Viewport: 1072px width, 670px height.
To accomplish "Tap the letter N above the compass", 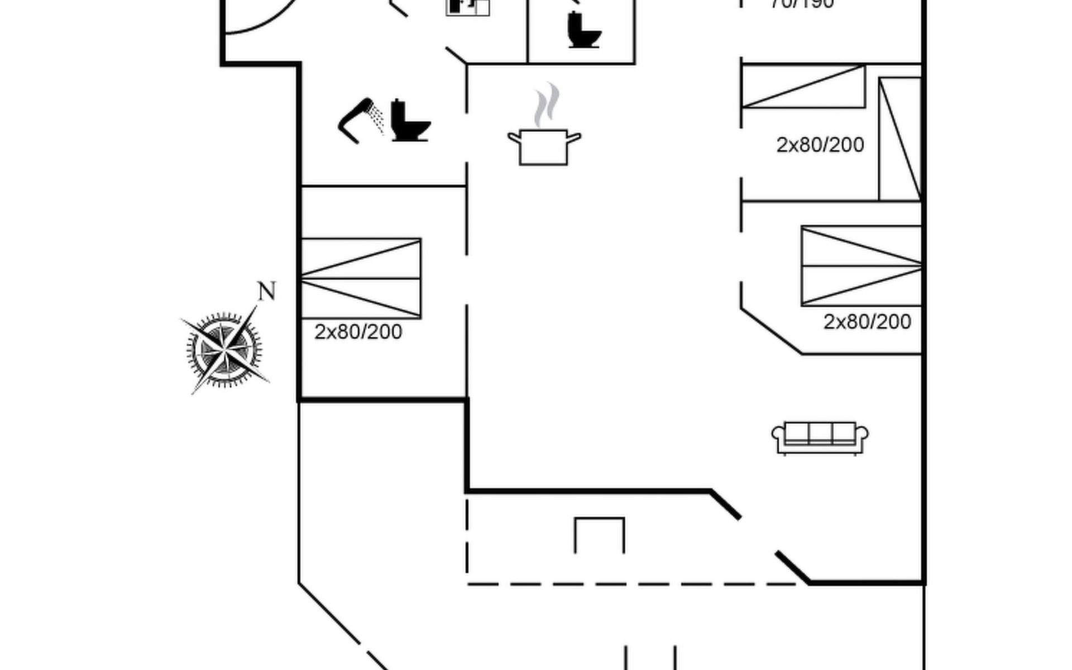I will click(267, 291).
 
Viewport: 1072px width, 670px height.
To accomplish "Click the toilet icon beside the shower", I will click(410, 121).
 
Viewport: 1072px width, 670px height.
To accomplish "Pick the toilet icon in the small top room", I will click(584, 30).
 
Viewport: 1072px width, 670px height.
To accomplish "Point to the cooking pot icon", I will click(544, 147).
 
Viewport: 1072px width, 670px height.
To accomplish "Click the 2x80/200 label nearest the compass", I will click(358, 332).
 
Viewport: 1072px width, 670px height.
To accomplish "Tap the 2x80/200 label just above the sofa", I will click(867, 322).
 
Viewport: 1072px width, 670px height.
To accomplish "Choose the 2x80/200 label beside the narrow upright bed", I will click(820, 145).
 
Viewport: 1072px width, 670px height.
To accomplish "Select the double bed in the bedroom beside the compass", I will click(361, 278).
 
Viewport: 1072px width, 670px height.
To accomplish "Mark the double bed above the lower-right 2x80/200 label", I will click(861, 266).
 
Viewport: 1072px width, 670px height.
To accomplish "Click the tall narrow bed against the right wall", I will click(899, 139).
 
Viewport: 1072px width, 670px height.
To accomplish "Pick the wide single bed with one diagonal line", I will click(803, 87).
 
